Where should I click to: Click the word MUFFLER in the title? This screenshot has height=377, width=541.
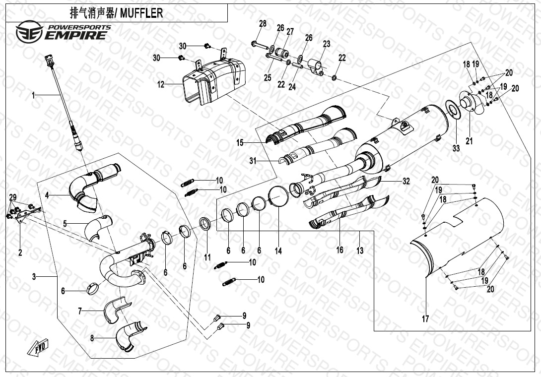(x=141, y=13)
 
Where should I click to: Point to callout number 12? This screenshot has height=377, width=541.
(x=161, y=85)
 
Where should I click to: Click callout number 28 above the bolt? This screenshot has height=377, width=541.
(x=263, y=24)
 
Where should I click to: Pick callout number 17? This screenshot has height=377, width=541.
(x=425, y=319)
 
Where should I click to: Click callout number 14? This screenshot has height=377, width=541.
(x=278, y=251)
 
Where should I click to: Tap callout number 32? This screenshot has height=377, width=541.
(x=406, y=182)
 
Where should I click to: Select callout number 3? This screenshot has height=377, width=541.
(x=34, y=277)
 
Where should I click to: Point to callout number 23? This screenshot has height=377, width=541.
(x=326, y=44)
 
